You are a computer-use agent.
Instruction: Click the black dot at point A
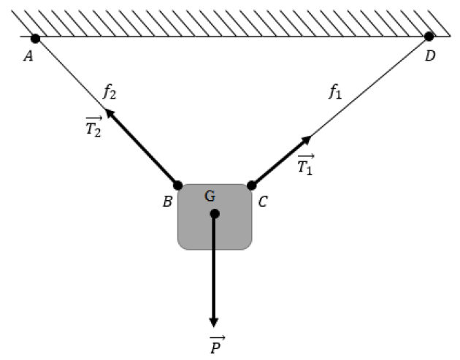coord(35,39)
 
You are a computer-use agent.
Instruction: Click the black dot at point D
coord(429,37)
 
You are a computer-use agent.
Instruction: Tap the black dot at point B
coord(177,185)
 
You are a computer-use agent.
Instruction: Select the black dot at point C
coord(251,185)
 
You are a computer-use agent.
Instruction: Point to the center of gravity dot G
coord(215,214)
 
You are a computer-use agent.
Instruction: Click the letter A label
coord(28,56)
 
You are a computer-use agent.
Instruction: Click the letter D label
coord(430,55)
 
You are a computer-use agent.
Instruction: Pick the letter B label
coord(167,202)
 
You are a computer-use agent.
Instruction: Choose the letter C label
coord(263,202)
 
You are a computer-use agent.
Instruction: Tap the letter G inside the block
coord(210,196)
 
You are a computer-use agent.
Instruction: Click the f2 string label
coord(110,91)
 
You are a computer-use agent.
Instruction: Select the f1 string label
coord(335,91)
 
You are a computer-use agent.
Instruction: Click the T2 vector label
coord(93,127)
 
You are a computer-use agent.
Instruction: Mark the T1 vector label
coord(306,164)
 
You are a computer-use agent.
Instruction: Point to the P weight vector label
coord(217,345)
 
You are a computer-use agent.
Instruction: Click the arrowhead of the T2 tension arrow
coord(109,112)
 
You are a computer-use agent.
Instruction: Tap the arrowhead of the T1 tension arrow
coord(307,139)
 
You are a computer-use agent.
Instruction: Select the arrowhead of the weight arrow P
coord(213,322)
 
